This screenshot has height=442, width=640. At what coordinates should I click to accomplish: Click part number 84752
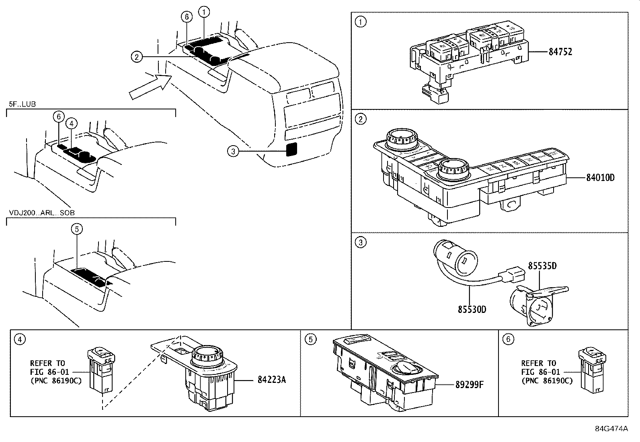click(x=560, y=52)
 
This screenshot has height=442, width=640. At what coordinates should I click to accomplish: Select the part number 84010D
click(x=600, y=178)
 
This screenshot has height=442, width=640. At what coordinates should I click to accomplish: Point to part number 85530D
click(x=472, y=309)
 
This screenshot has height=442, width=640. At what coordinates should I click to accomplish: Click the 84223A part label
click(x=271, y=380)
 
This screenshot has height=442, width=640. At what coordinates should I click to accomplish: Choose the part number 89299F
click(x=469, y=384)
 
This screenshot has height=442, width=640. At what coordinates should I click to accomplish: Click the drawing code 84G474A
click(x=611, y=428)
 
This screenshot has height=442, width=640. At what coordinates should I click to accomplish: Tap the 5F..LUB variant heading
click(x=22, y=104)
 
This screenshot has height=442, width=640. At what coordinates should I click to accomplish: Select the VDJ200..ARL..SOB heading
click(x=41, y=212)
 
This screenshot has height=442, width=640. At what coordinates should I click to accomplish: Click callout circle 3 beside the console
click(x=233, y=151)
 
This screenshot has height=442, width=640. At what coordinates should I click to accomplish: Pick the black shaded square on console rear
click(x=291, y=149)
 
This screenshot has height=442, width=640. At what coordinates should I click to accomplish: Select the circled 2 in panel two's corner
click(x=361, y=119)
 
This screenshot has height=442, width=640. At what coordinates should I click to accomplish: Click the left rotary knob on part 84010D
click(x=398, y=139)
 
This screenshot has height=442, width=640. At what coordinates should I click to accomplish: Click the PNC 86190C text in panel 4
click(x=56, y=381)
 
